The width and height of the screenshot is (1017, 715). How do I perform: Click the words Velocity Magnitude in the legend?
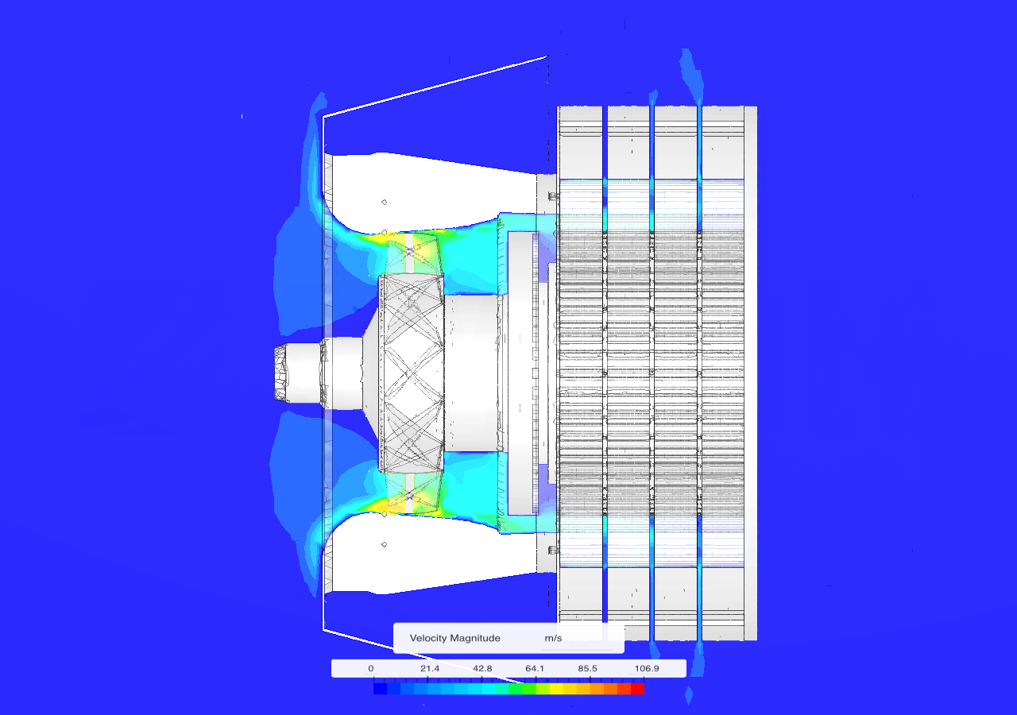[x=454, y=638]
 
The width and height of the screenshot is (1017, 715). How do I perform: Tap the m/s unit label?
[x=553, y=638]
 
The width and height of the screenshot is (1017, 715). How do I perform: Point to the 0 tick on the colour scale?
[x=370, y=668]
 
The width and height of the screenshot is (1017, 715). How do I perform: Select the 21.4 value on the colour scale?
[x=430, y=668]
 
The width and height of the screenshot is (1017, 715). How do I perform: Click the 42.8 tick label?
[x=483, y=668]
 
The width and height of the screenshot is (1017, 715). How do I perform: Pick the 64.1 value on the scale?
[x=536, y=668]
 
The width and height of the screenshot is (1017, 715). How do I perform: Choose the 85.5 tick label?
[x=589, y=668]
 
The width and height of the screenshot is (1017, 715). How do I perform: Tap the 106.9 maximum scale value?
[x=646, y=668]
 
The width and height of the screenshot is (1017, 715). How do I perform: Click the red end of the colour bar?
[x=637, y=689]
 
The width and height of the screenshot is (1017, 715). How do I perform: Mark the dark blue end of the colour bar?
[x=380, y=689]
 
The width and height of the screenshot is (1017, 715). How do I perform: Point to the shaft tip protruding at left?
[x=283, y=373]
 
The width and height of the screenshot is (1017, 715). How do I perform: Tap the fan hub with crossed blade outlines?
[x=411, y=373]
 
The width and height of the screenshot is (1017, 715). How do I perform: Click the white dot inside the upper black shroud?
[x=385, y=203]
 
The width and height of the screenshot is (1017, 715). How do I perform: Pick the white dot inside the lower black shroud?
[x=385, y=544]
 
